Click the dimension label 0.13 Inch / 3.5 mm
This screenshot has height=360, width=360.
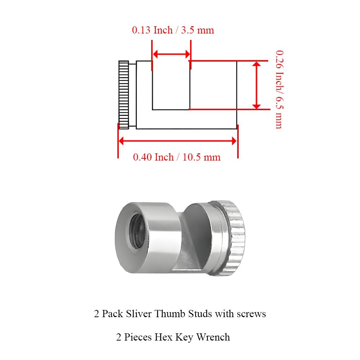(173, 30)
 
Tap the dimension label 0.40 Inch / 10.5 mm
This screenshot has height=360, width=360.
(176, 157)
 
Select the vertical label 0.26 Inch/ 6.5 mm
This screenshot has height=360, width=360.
(279, 90)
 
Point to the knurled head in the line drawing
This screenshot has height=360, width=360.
(123, 95)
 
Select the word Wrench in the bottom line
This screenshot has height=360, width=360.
(213, 337)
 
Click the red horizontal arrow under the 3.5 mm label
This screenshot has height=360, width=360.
(171, 54)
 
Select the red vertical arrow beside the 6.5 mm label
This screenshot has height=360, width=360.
(256, 85)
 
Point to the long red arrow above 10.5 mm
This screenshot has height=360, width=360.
(178, 141)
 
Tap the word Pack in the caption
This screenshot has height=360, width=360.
(112, 314)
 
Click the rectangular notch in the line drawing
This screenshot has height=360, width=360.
(171, 85)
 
